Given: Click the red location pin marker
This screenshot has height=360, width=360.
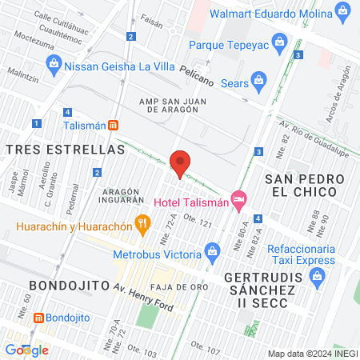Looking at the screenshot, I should point(180,163).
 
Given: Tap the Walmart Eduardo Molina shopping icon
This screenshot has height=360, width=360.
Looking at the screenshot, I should point(344,11).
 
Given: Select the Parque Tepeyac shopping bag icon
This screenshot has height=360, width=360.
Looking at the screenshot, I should point(279,40).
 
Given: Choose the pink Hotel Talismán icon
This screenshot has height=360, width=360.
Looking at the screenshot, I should point(238,198).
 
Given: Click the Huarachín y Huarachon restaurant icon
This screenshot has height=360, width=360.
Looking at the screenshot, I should point(142,224).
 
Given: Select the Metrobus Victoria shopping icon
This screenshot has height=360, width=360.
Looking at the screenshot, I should point(212,253).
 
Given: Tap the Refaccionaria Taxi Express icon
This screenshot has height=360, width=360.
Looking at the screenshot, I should point(318,278).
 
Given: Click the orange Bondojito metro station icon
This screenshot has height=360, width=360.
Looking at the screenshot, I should point(36,318).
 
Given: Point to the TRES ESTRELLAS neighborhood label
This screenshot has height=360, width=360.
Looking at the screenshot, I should point(65,150).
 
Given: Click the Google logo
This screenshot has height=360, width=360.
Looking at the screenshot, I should point(26,350).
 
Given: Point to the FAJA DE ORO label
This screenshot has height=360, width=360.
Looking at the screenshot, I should point(182,286).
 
